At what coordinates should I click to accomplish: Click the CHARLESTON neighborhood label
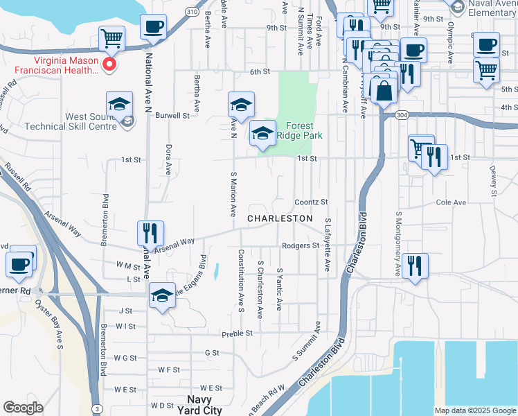pyautogui.click(x=280, y=218)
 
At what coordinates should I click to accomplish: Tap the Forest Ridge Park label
pyautogui.click(x=299, y=131)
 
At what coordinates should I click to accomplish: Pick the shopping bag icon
pyautogui.click(x=383, y=91)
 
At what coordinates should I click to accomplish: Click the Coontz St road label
pyautogui.click(x=310, y=202)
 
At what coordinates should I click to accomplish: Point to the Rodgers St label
pyautogui.click(x=301, y=245)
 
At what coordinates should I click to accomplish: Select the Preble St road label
pyautogui.click(x=235, y=334)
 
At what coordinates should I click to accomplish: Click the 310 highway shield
pyautogui.click(x=192, y=12)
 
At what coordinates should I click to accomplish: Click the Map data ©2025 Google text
pyautogui.click(x=475, y=410)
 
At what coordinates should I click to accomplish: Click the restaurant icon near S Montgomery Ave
pyautogui.click(x=414, y=266)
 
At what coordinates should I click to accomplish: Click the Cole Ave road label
pyautogui.click(x=451, y=202)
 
